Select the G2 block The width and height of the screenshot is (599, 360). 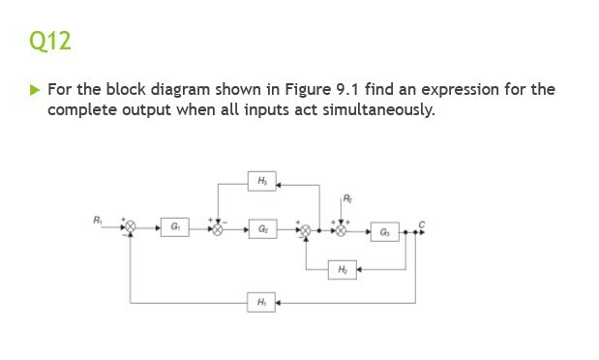point(263,229)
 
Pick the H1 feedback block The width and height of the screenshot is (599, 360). point(262,303)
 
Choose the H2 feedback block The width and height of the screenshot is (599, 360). point(344,268)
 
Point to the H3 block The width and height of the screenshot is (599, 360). point(262,182)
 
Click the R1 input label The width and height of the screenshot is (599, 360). point(97,220)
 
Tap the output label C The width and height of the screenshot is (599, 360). point(420,221)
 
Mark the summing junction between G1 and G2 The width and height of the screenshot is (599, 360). point(218,230)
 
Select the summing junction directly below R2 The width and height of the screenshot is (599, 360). point(341,230)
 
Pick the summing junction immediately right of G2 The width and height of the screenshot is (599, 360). point(306,230)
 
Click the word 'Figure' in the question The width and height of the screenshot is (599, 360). point(285,90)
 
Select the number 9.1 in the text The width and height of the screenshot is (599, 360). point(328,90)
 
